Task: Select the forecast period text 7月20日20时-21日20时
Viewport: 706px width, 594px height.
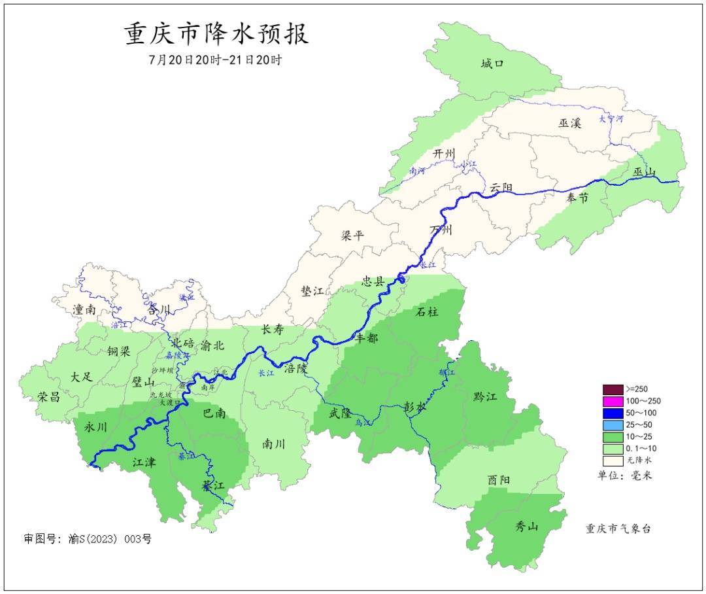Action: (x=215, y=60)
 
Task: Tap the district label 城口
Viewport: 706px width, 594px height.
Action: (x=492, y=63)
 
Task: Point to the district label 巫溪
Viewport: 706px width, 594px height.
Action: (x=569, y=123)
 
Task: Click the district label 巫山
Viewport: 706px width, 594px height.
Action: (x=644, y=172)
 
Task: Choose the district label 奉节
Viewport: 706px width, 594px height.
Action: (x=577, y=198)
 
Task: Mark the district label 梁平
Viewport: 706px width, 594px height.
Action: (x=352, y=236)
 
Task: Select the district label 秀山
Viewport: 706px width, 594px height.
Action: (x=526, y=525)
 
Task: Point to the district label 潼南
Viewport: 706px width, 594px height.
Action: (x=86, y=309)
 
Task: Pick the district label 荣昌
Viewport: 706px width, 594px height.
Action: (x=50, y=396)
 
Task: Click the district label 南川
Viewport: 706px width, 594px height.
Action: (x=273, y=444)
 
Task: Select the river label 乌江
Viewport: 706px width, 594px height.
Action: (x=362, y=423)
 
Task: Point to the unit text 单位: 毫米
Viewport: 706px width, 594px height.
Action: (x=624, y=476)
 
